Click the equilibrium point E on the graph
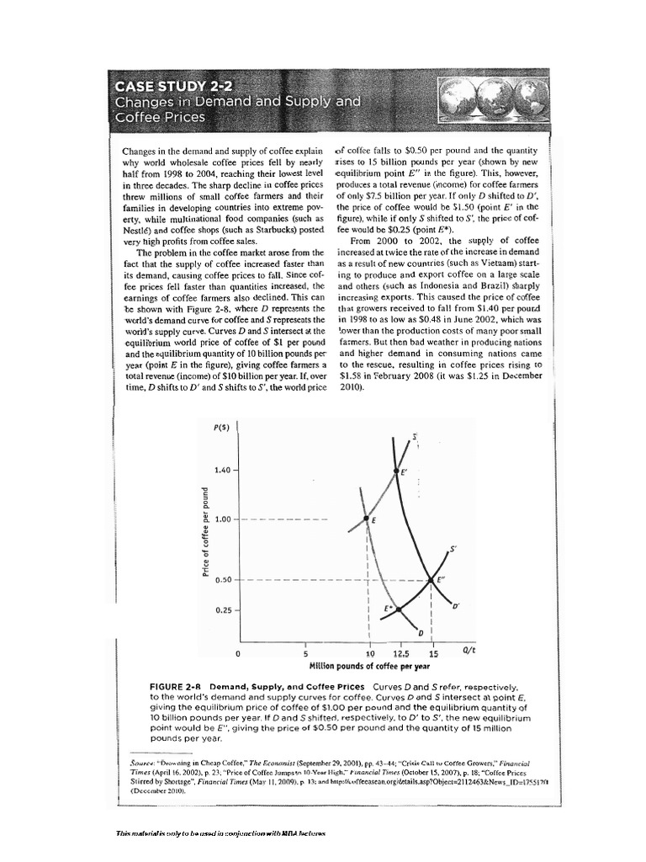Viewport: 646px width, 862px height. point(367,519)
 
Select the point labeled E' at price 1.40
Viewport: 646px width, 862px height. point(396,471)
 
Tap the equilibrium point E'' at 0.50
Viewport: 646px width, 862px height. point(432,579)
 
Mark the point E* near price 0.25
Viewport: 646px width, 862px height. point(399,609)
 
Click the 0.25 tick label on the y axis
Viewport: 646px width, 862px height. point(221,609)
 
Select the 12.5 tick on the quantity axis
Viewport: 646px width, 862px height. point(400,653)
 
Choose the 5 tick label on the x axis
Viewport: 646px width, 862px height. point(306,653)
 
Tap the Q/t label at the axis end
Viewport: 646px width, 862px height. point(469,651)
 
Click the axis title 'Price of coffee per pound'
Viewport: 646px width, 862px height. point(204,535)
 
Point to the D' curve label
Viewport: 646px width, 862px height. point(456,605)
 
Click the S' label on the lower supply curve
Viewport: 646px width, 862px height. point(453,549)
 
